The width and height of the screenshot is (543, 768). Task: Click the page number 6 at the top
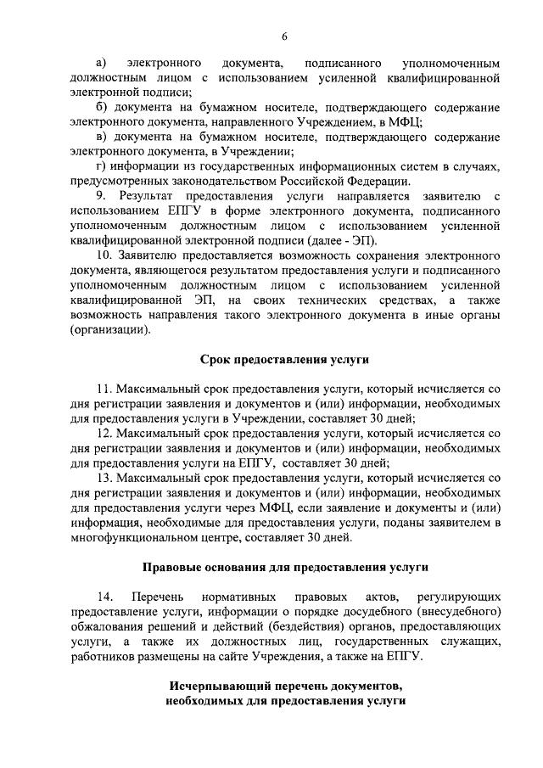pos(285,36)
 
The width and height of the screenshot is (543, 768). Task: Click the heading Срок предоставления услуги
pos(285,360)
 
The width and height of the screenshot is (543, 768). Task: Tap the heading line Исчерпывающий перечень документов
pos(285,685)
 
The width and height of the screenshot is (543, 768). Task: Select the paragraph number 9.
pos(101,197)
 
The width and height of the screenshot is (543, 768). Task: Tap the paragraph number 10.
pos(104,255)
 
